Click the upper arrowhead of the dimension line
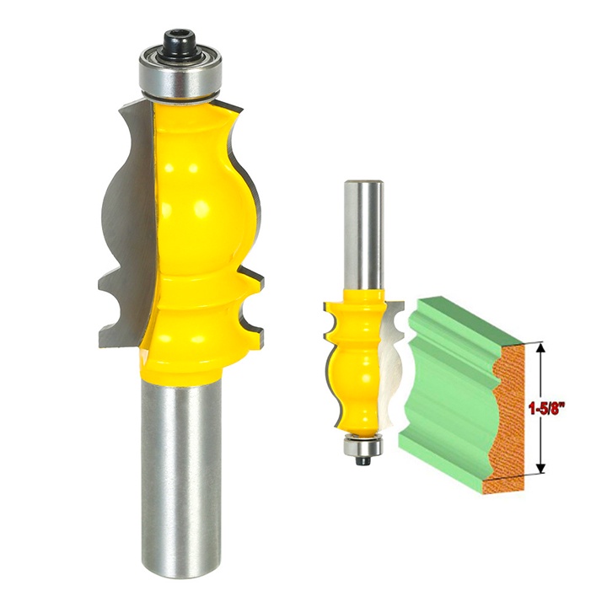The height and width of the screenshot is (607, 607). point(541,347)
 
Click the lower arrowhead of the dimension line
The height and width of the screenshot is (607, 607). point(541,468)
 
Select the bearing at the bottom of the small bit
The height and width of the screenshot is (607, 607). point(363,446)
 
